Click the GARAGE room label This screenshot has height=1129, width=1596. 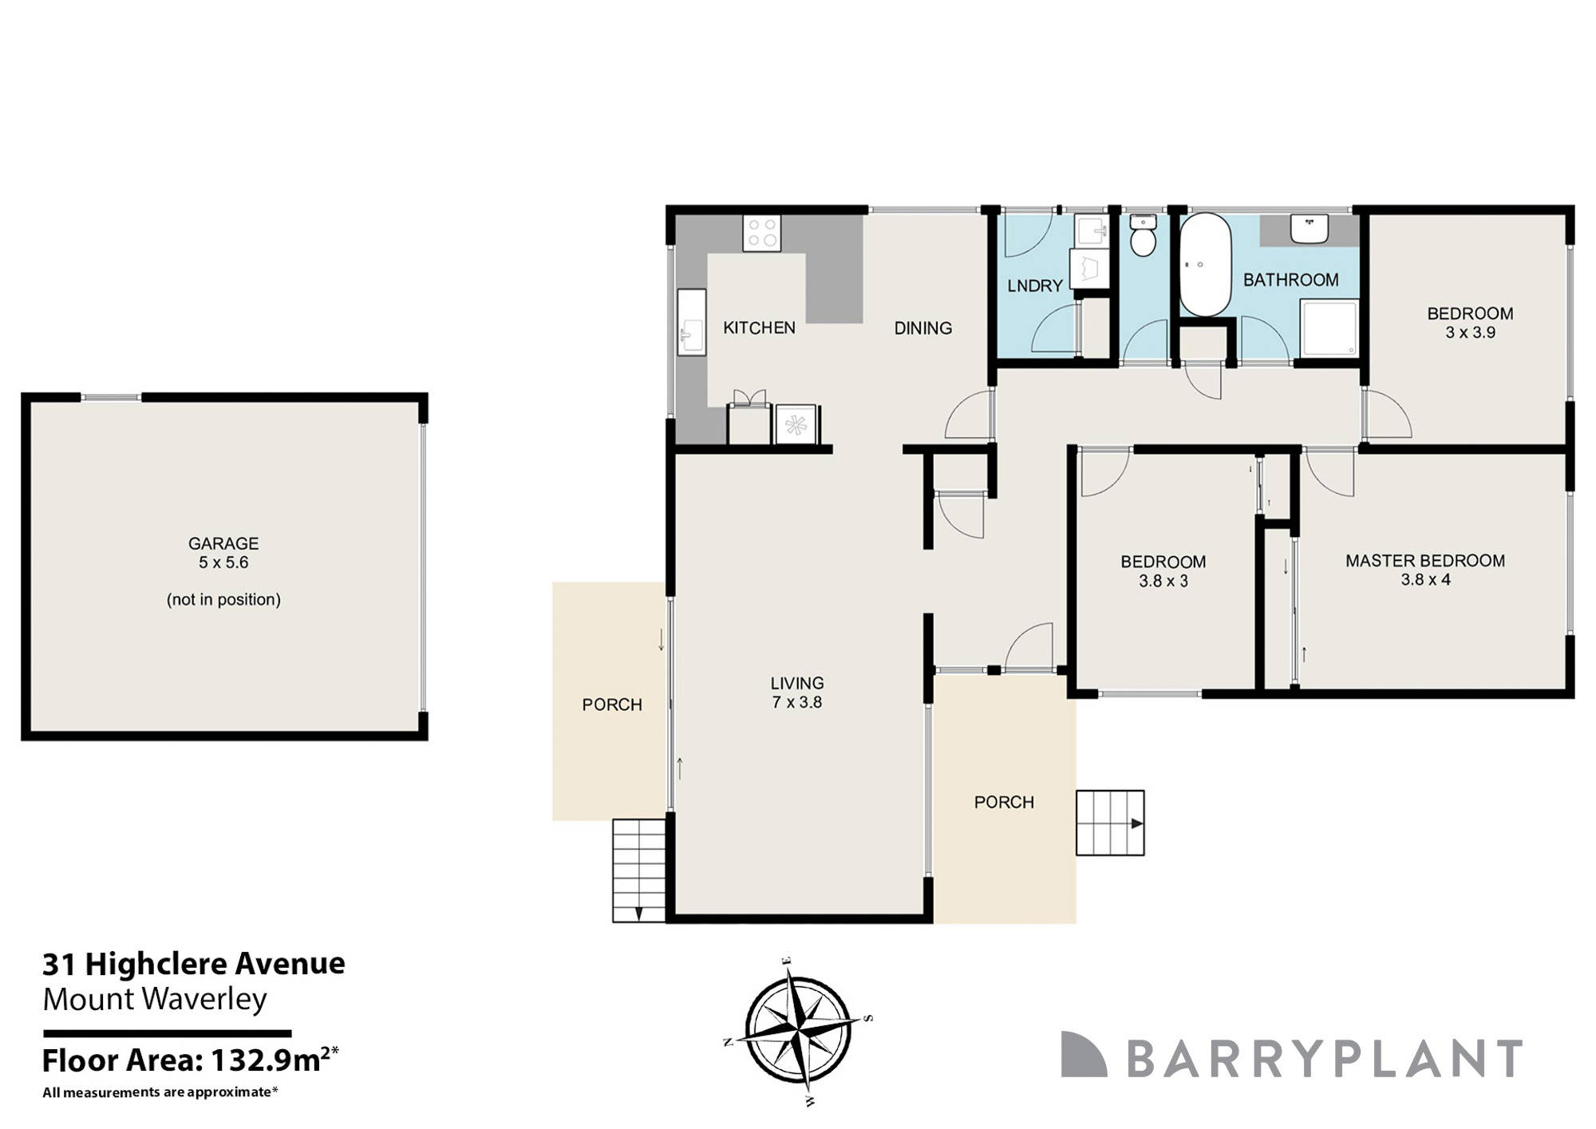[x=223, y=543]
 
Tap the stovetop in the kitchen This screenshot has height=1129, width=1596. [x=761, y=233]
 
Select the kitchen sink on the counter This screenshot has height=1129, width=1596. [x=691, y=322]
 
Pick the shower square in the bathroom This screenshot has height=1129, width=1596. [x=1329, y=328]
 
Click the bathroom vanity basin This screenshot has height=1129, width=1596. [x=1310, y=229]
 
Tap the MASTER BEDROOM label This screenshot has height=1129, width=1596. [x=1425, y=561]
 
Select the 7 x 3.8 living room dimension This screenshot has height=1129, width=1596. [x=796, y=703]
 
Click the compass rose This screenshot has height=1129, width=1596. [x=799, y=1028]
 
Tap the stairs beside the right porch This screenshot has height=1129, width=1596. [x=1110, y=823]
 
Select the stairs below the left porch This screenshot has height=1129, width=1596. [x=638, y=870]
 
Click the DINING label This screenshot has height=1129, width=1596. [x=922, y=328]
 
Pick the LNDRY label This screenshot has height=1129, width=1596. [x=1034, y=286]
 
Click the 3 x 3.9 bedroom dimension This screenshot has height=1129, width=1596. [x=1470, y=333]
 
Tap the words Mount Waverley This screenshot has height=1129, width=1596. [x=155, y=999]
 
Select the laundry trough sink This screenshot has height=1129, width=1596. [x=1090, y=232]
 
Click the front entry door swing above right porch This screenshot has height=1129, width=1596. [x=1031, y=646]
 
